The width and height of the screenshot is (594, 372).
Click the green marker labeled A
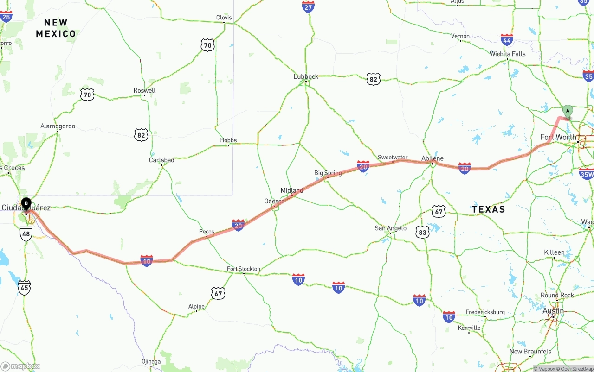(567, 111)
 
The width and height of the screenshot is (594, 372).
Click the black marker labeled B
(26, 203)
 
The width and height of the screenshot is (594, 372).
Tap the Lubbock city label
(306, 76)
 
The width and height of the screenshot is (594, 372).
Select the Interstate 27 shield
(308, 6)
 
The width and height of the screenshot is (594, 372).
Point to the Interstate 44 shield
(507, 40)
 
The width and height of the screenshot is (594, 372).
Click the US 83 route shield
(422, 232)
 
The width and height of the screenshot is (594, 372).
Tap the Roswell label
(144, 90)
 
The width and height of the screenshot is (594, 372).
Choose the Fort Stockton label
(244, 269)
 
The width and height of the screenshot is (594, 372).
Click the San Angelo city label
(391, 228)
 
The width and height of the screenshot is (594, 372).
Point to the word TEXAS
(489, 209)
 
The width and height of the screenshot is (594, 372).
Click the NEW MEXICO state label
(56, 28)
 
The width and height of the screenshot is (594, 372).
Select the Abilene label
(432, 158)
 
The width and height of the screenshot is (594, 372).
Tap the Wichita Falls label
(508, 54)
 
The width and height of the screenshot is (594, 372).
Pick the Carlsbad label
(161, 160)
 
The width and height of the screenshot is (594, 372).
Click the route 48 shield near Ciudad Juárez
(26, 234)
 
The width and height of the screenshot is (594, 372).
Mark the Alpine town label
(196, 306)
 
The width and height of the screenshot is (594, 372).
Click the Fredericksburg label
(485, 312)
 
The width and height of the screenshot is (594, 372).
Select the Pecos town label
(207, 232)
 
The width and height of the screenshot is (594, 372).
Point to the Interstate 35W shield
(587, 173)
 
